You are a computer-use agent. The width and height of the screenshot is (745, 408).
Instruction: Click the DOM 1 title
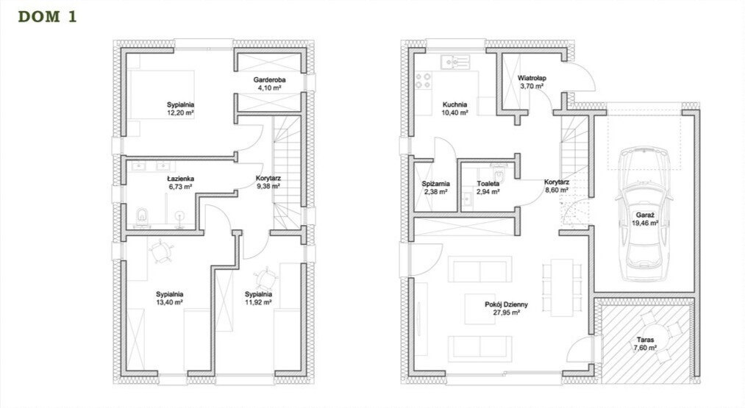point(47,17)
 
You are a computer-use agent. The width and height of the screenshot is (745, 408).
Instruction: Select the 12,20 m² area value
point(180,113)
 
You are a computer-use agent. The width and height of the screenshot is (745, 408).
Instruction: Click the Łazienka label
point(179,179)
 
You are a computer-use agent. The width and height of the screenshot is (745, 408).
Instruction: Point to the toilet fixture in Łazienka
point(142,215)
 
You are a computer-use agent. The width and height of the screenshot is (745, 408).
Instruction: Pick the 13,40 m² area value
point(169,302)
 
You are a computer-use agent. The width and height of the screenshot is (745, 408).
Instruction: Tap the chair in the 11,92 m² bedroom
point(265,279)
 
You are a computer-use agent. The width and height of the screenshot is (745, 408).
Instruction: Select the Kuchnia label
point(455,104)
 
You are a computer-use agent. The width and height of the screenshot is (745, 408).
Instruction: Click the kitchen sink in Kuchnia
point(455,62)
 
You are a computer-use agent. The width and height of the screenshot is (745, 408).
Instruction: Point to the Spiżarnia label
point(436,184)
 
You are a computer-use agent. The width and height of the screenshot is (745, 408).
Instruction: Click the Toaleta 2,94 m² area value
point(488,192)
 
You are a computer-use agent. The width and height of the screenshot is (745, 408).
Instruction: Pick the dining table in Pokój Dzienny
point(562,287)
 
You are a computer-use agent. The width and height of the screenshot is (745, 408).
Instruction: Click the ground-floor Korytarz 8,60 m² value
point(556,190)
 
